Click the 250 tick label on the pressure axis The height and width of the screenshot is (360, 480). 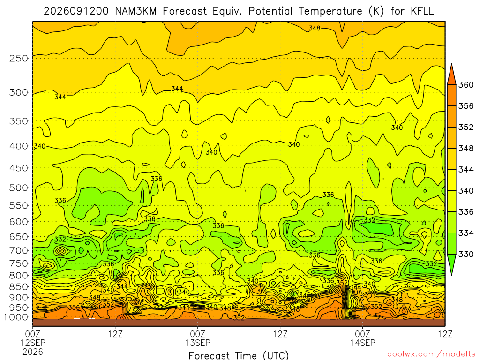tap(19, 58)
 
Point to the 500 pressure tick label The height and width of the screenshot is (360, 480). tap(19, 187)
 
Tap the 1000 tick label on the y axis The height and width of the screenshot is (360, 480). tap(16, 317)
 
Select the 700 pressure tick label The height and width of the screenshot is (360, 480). tap(19, 250)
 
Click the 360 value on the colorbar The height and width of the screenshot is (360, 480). tap(466, 85)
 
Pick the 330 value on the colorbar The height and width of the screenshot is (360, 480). tap(466, 254)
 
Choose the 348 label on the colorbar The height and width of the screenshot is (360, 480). tap(466, 149)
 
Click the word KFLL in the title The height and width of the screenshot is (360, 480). tap(422, 11)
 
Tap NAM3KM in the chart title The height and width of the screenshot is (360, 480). tap(135, 11)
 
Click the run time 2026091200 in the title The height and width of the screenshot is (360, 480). tap(76, 11)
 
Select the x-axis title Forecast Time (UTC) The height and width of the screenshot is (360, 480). tap(239, 355)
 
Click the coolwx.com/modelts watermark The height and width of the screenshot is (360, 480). tap(431, 354)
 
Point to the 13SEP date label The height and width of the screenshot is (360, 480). tap(198, 343)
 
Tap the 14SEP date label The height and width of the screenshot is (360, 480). tap(363, 343)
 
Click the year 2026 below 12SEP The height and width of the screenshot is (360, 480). tap(33, 352)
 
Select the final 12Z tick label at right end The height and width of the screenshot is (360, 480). tap(445, 334)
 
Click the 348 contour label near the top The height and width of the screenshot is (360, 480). tap(315, 28)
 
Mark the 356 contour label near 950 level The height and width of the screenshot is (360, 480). tap(74, 307)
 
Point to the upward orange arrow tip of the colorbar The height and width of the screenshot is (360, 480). tap(452, 64)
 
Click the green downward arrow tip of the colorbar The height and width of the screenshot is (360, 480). tap(452, 274)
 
